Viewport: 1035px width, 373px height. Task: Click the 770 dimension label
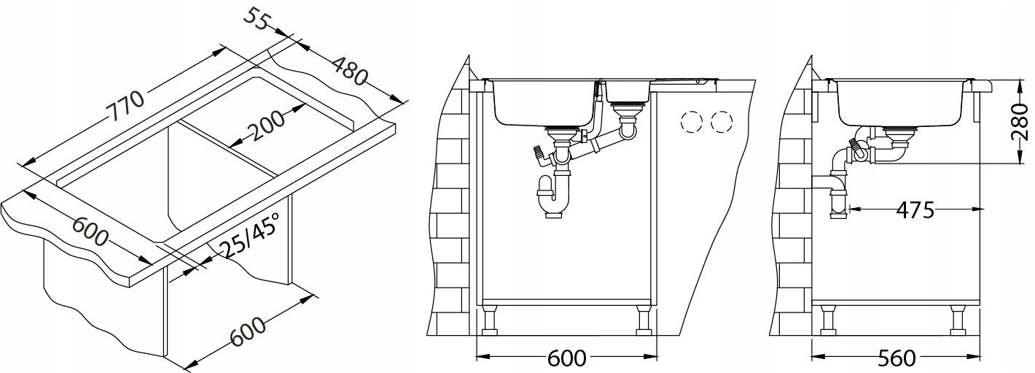pos(125,107)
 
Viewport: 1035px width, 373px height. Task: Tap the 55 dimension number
pos(256,20)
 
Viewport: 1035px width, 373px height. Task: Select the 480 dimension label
pos(351,70)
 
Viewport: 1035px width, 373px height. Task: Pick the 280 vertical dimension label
pos(1022,122)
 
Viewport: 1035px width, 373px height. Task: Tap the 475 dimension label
pos(915,210)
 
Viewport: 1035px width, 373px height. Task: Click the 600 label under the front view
pos(566,358)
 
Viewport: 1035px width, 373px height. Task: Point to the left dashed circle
pos(692,122)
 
